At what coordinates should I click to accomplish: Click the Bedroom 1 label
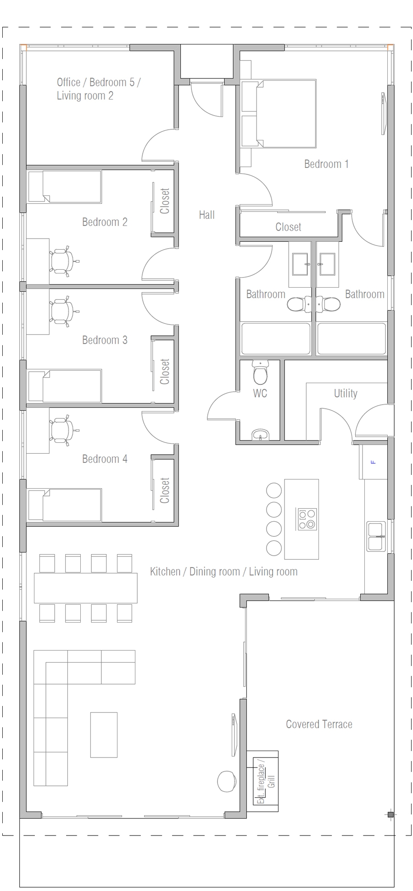(326, 164)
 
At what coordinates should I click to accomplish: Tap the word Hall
(206, 215)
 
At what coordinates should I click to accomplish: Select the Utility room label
(345, 393)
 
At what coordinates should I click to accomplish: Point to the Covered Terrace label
(319, 724)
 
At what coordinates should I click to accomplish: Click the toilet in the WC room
(260, 373)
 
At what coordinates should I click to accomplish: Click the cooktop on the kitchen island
(307, 519)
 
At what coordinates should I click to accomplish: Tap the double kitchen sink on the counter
(376, 536)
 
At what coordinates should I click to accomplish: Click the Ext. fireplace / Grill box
(266, 781)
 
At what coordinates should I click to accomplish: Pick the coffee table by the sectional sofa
(104, 735)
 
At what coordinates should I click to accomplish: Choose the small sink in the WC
(260, 434)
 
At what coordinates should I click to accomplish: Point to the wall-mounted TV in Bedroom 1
(383, 113)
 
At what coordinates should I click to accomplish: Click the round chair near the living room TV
(226, 781)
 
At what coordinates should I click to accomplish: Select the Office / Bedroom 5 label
(98, 89)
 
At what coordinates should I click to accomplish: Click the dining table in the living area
(85, 588)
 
